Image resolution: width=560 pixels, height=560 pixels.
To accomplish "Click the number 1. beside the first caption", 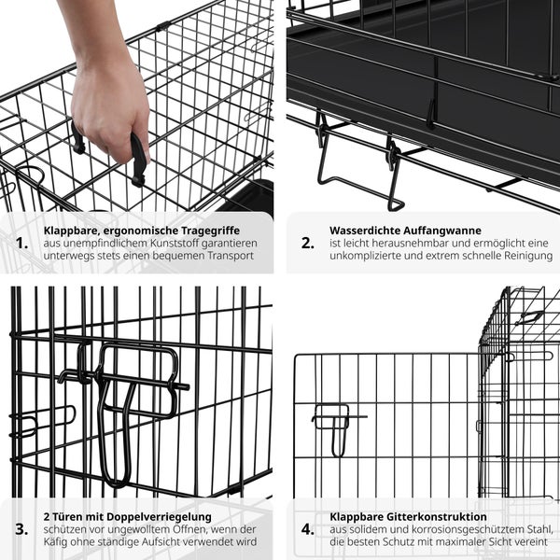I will coord(22,243).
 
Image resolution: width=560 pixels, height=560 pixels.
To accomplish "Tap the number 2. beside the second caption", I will coord(307,243).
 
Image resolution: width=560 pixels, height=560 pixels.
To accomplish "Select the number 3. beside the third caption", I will coord(22,529).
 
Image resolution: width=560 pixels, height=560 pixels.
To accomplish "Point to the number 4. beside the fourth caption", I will coord(308,529).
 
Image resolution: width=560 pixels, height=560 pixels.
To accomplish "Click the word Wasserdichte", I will coord(364,229).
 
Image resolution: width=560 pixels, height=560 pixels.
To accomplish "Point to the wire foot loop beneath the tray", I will coord(359,177).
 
